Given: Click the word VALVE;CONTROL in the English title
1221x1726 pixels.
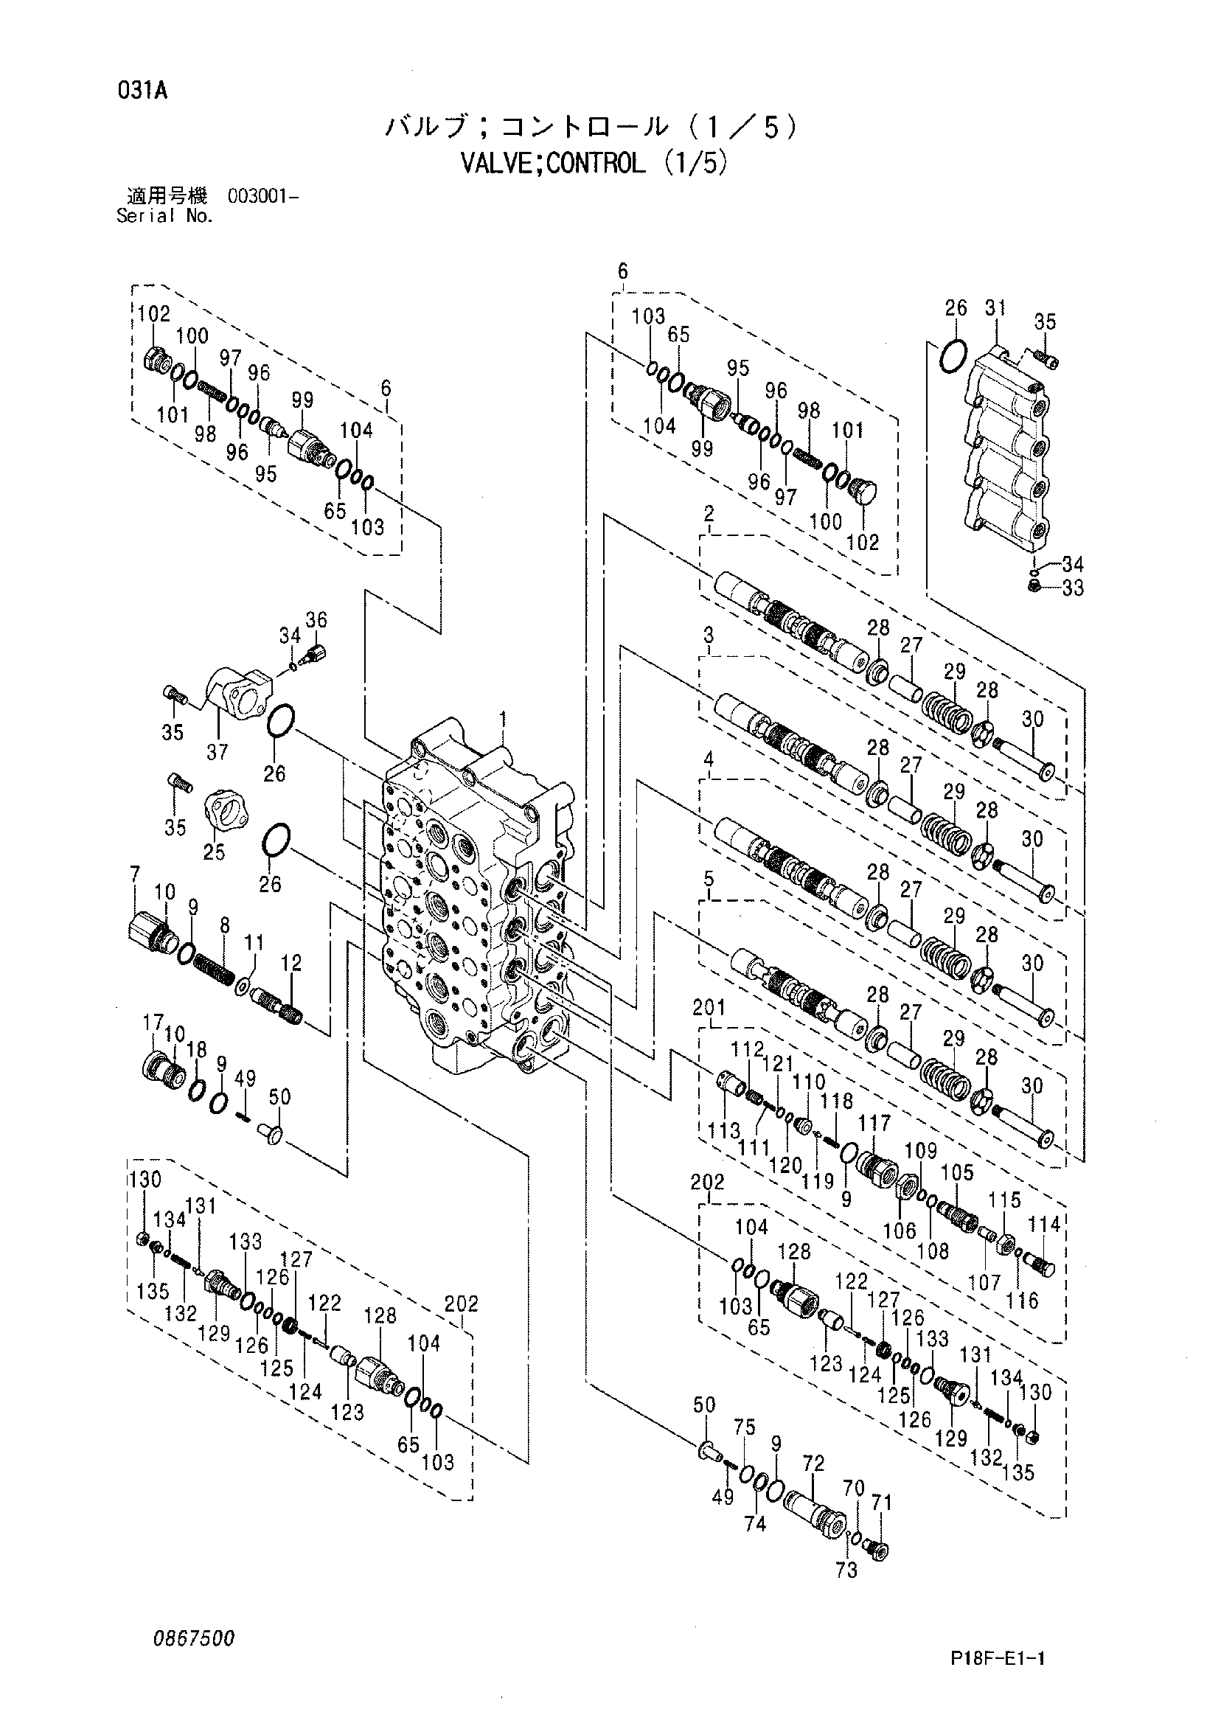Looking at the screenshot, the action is point(552,163).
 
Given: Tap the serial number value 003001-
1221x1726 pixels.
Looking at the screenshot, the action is point(262,198).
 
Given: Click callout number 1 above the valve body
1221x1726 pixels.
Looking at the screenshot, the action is point(502,720).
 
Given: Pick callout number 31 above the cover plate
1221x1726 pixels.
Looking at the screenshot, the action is point(995,307).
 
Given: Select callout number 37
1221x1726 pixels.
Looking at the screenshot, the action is point(218,751).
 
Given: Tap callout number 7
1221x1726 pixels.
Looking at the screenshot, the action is point(135,874).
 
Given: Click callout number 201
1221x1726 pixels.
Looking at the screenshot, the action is point(709,1006).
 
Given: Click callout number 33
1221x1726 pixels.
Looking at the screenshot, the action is point(1073,588).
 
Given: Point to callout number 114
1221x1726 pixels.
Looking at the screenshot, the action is point(1044,1225).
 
